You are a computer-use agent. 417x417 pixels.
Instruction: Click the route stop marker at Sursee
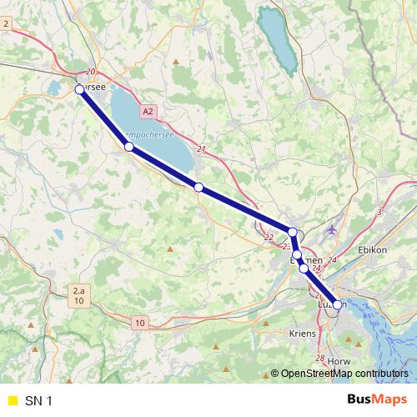(x=80, y=89)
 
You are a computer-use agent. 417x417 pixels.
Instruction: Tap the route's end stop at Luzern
(x=337, y=305)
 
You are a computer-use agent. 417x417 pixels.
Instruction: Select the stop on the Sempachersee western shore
(x=128, y=147)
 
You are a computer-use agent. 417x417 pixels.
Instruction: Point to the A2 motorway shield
(x=148, y=110)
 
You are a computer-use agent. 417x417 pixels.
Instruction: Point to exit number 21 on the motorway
(x=201, y=149)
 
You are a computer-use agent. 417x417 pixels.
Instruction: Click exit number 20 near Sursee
(x=90, y=73)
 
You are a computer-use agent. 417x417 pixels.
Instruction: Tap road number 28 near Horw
(x=320, y=359)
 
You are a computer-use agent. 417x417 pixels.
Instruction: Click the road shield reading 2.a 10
(x=78, y=295)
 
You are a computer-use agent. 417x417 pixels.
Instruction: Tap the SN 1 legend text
(x=38, y=401)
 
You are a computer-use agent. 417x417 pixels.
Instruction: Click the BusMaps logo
(x=378, y=400)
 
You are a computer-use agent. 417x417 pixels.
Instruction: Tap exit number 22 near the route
(x=268, y=239)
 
